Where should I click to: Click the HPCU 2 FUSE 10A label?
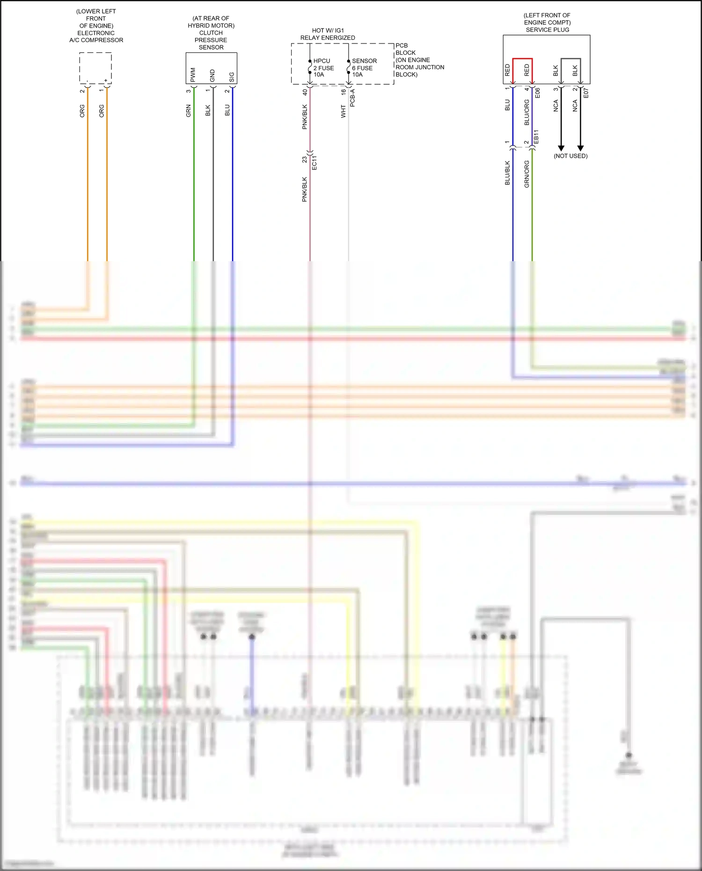[x=323, y=68]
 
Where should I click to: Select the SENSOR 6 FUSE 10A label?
[x=364, y=68]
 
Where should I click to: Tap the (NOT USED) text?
[x=570, y=156]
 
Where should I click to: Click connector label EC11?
[x=314, y=162]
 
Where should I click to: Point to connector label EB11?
[x=536, y=137]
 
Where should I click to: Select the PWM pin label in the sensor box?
[x=193, y=75]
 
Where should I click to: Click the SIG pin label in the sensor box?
[x=232, y=77]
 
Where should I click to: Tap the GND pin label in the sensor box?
[x=212, y=75]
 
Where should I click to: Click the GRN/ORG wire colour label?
[x=526, y=174]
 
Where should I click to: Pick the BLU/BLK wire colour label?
[x=507, y=173]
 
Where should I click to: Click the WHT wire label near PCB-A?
[x=343, y=111]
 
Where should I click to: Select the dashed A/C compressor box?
[x=95, y=68]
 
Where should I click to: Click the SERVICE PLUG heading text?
[x=547, y=29]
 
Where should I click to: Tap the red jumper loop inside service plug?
[x=522, y=59]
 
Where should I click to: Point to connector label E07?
[x=586, y=93]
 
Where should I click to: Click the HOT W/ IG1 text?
[x=328, y=30]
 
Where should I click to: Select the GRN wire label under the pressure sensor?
[x=189, y=110]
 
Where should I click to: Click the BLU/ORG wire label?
[x=526, y=112]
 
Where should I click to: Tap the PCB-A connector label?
[x=353, y=98]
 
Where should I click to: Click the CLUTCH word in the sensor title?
[x=211, y=33]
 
